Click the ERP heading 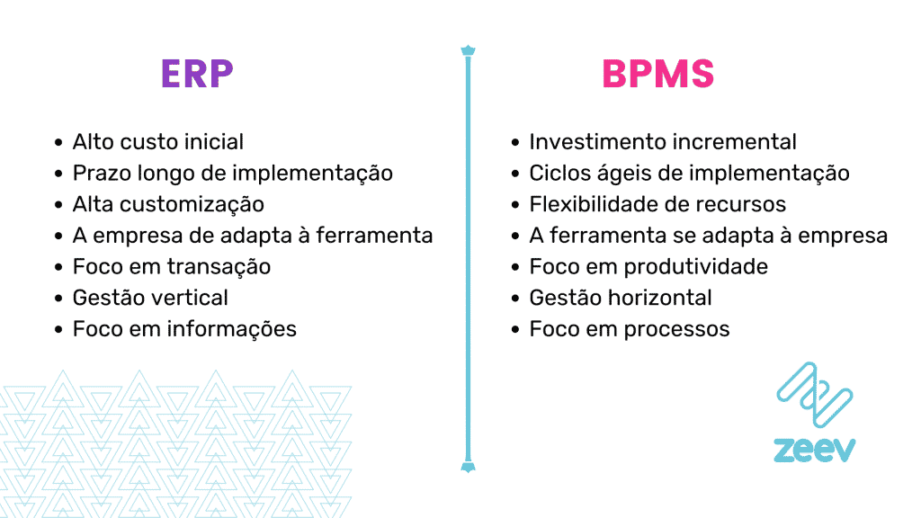(197, 75)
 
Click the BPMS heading (657, 75)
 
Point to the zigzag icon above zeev (814, 395)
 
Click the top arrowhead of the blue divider (468, 50)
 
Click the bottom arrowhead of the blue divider (468, 466)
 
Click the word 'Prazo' (100, 173)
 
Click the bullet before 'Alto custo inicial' (59, 143)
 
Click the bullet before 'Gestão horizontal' (515, 299)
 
